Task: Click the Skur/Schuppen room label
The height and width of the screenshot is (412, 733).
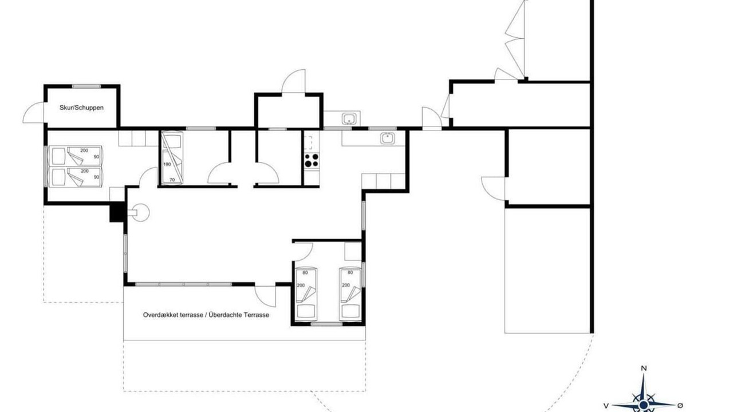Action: (x=81, y=108)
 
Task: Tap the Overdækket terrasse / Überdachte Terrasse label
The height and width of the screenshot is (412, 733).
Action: (x=206, y=315)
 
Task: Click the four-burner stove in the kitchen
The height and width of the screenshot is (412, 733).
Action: (x=312, y=161)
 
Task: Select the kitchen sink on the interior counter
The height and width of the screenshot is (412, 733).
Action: (x=388, y=138)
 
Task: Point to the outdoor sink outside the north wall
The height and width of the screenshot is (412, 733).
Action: (x=349, y=118)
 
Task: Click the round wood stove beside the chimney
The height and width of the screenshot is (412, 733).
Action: (x=140, y=212)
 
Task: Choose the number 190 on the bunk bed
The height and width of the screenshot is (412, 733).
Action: (x=167, y=164)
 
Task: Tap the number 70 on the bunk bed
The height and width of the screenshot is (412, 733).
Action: (x=172, y=180)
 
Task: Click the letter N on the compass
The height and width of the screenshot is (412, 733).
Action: (x=644, y=369)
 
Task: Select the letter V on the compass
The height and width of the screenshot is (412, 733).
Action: (x=606, y=406)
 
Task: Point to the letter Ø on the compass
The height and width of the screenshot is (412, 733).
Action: (x=680, y=406)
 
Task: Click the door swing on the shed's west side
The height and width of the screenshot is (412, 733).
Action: (x=33, y=113)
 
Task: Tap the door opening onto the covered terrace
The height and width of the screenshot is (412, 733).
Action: (x=265, y=296)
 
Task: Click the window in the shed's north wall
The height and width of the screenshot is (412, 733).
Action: (x=86, y=86)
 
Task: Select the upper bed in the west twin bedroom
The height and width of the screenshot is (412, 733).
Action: (x=76, y=156)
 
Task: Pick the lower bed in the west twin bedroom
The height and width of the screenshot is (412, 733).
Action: (x=76, y=177)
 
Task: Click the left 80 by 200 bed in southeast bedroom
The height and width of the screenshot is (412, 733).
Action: (x=306, y=295)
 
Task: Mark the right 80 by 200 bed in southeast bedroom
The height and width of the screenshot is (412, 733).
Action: (x=350, y=295)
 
